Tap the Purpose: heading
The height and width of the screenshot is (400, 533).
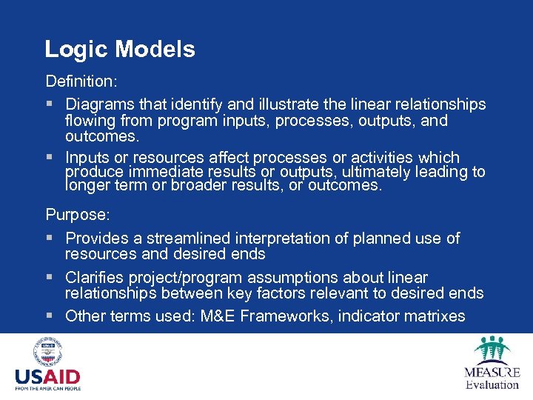click(x=78, y=215)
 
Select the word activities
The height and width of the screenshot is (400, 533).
click(x=381, y=158)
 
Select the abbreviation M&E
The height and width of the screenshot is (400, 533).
click(x=255, y=316)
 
